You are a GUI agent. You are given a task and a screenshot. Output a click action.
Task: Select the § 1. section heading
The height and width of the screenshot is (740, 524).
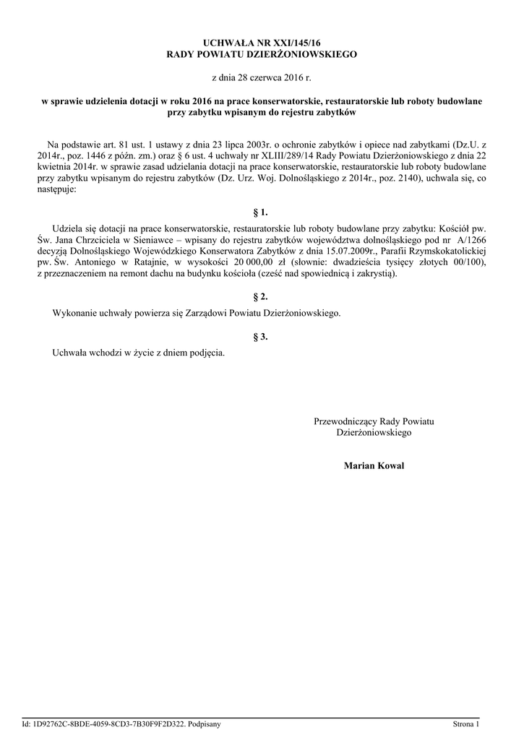(261, 212)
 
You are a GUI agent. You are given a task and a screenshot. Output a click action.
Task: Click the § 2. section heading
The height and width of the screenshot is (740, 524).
(261, 297)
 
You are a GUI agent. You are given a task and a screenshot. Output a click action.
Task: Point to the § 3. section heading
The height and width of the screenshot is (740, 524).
(261, 336)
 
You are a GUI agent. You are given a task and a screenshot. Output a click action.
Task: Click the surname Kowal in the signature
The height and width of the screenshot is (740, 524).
(390, 466)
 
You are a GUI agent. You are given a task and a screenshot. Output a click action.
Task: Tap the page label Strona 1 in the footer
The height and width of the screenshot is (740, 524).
(465, 723)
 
